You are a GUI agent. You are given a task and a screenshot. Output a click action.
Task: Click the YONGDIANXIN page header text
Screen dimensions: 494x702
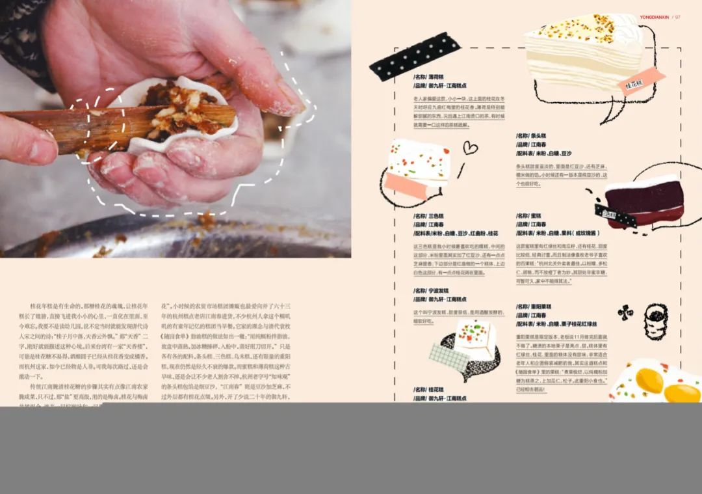(654, 17)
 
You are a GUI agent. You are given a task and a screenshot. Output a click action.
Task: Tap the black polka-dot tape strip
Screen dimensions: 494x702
(414, 56)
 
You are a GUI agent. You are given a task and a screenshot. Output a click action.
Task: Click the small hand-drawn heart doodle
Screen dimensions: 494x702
(469, 148)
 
